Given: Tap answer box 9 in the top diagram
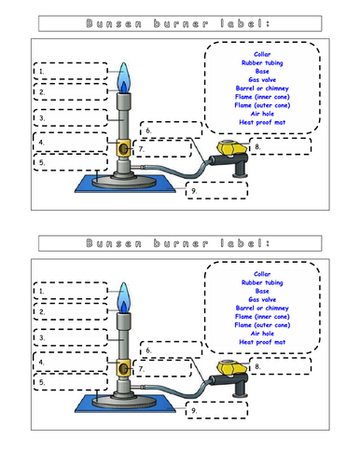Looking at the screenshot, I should (216, 189).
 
